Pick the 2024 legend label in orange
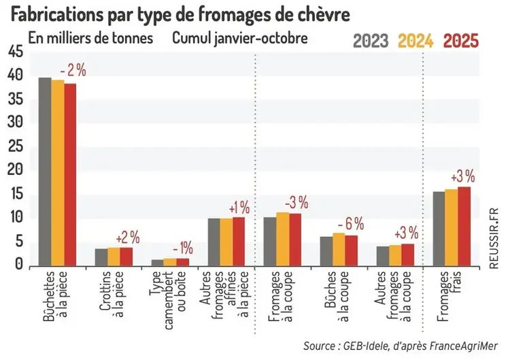pyautogui.click(x=417, y=42)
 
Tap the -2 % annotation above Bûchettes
pyautogui.click(x=74, y=70)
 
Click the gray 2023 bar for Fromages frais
pyautogui.click(x=439, y=229)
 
